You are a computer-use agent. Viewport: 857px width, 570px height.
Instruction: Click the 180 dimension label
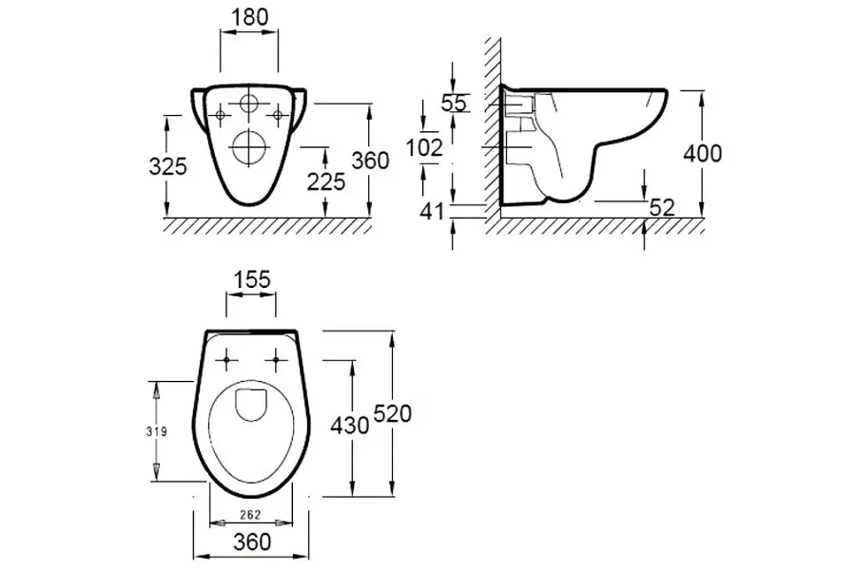click(x=250, y=17)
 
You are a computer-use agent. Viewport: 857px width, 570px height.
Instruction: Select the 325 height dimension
click(x=167, y=166)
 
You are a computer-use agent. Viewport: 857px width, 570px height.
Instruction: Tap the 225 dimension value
click(x=325, y=181)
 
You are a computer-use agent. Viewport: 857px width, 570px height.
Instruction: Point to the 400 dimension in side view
click(x=702, y=153)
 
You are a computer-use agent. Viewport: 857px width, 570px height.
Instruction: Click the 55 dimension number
click(x=455, y=103)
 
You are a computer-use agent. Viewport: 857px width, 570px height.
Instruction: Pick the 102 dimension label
click(x=424, y=147)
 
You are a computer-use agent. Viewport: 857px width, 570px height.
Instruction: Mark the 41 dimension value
click(x=432, y=212)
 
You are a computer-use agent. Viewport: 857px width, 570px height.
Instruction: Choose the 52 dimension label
click(x=662, y=207)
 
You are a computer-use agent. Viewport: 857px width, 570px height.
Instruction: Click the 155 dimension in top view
click(x=252, y=279)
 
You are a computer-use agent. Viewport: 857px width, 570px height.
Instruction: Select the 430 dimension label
click(x=350, y=425)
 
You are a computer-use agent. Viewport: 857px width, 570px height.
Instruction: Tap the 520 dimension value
click(x=392, y=414)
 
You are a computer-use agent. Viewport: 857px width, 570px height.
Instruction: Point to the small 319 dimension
click(x=156, y=432)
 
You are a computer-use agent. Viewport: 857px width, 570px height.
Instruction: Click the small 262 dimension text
click(x=250, y=514)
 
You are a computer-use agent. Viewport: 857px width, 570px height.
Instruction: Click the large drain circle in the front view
click(x=249, y=147)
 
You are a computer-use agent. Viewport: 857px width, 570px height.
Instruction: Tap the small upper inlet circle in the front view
click(x=249, y=104)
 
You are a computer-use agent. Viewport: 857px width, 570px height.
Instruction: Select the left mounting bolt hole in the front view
click(x=221, y=115)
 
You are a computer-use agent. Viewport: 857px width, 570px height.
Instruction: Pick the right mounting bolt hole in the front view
click(x=278, y=115)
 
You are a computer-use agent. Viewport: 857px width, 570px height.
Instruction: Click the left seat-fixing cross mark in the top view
click(x=226, y=360)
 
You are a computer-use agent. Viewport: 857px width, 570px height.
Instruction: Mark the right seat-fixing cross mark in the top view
click(x=276, y=360)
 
